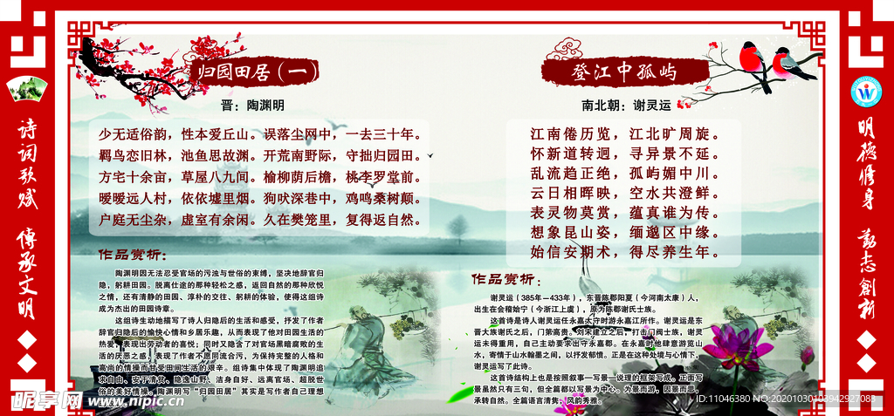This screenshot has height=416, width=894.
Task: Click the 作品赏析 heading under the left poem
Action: [130, 256]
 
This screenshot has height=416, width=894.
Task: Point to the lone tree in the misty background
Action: [456, 228]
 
